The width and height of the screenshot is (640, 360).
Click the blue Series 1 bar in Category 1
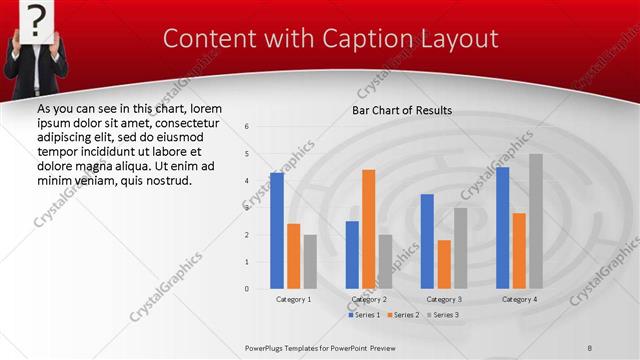[x=277, y=231]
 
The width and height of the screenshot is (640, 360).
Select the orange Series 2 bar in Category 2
[x=368, y=229]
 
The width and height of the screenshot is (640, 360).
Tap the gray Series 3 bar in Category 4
[x=536, y=221]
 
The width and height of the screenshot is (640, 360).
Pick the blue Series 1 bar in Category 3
[x=427, y=241]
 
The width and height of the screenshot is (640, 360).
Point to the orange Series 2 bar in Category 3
[x=444, y=264]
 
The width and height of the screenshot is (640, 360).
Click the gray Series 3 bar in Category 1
[x=310, y=262]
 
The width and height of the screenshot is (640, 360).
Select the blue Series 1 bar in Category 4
[x=502, y=228]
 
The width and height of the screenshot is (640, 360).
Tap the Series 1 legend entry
[x=364, y=315]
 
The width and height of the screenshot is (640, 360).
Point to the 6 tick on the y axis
[x=247, y=127]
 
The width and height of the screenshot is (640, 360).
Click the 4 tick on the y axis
[x=247, y=181]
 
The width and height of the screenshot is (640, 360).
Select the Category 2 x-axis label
[x=369, y=299]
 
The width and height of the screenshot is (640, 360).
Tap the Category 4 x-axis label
[x=519, y=299]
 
